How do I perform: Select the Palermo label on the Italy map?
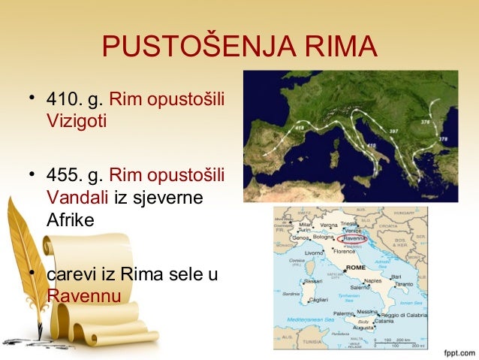(342, 313)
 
